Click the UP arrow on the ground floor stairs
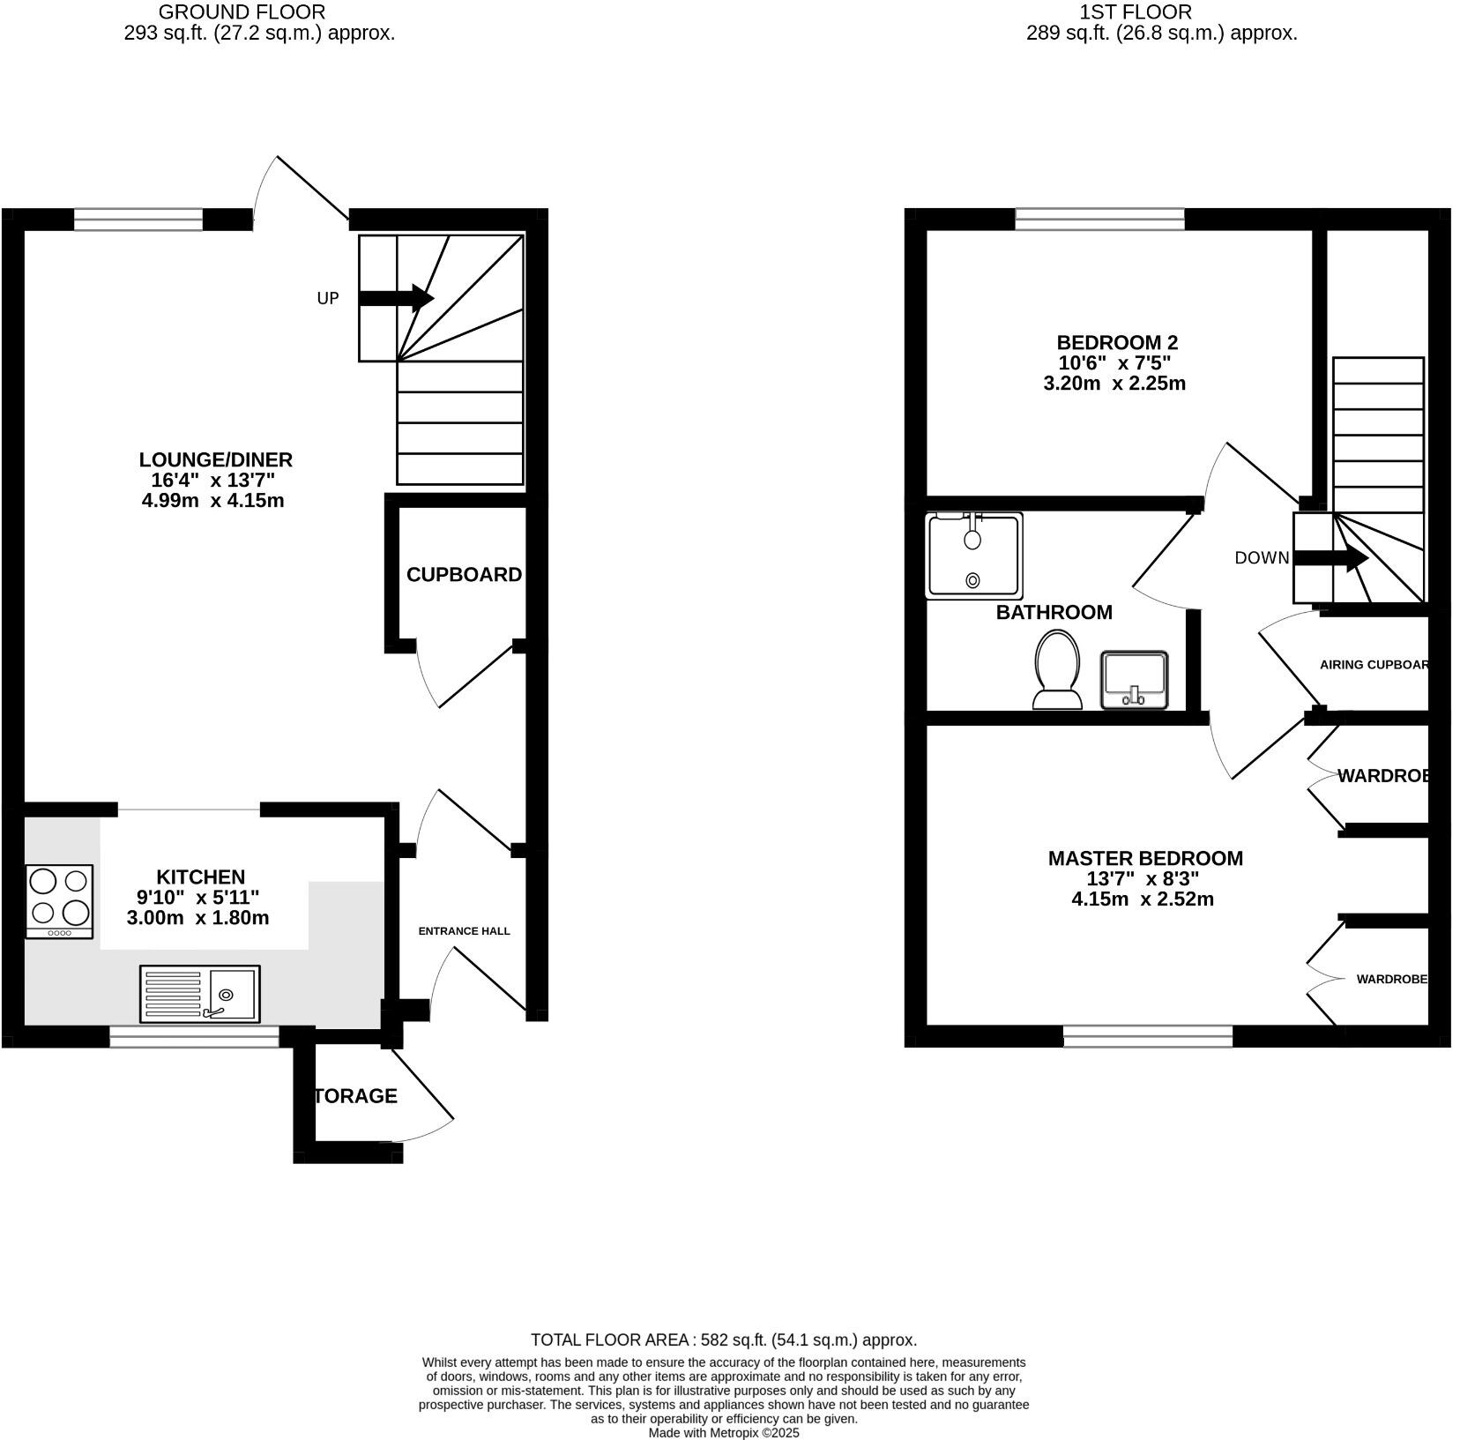(397, 298)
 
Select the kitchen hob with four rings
(59, 900)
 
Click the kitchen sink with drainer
(200, 994)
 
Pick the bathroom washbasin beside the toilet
(1135, 680)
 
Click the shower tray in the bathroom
(974, 556)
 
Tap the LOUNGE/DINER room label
(215, 459)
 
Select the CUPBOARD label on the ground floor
(464, 575)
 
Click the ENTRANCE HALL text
(464, 931)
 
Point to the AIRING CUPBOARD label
(1374, 665)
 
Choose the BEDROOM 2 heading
(1117, 342)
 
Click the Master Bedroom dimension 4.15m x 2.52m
(1143, 899)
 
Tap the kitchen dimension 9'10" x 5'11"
(198, 898)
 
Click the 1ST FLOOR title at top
(1136, 12)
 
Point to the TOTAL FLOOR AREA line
(724, 1339)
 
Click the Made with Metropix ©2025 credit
(724, 1433)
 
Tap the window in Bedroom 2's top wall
(1099, 219)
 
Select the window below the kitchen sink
(194, 1036)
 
